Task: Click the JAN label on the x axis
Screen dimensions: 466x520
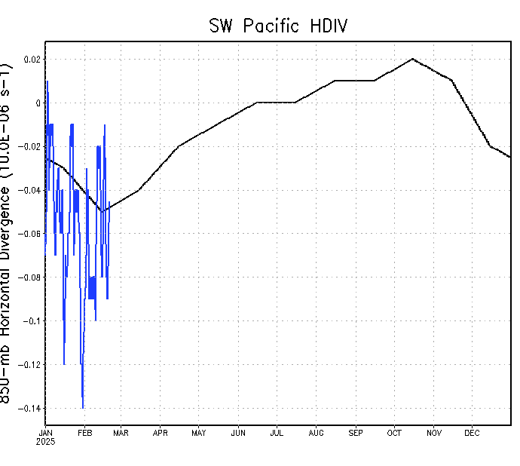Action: pyautogui.click(x=45, y=433)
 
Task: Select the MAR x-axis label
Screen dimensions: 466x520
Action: pyautogui.click(x=121, y=433)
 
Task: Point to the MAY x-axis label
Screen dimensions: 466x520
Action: pyautogui.click(x=199, y=433)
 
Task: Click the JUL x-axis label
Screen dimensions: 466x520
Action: pyautogui.click(x=277, y=433)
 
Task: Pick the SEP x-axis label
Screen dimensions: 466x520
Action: pyautogui.click(x=356, y=433)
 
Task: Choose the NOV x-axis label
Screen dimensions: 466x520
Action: pyautogui.click(x=434, y=433)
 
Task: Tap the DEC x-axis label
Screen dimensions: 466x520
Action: pyautogui.click(x=472, y=433)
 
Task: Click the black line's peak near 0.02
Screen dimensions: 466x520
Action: pyautogui.click(x=413, y=59)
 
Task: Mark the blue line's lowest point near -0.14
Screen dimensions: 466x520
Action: pyautogui.click(x=83, y=408)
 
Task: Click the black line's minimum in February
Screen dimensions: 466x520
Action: pyautogui.click(x=102, y=212)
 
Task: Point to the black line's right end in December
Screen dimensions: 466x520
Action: pyautogui.click(x=510, y=157)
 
